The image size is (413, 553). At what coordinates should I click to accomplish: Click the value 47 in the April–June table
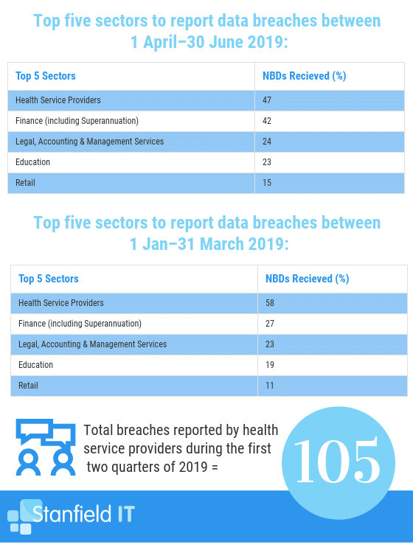[x=267, y=100]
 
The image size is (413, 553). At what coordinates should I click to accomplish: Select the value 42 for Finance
[x=267, y=121]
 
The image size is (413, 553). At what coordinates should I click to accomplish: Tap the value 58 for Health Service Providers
[x=270, y=303]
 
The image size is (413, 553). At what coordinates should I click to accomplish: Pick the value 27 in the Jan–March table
[x=270, y=324]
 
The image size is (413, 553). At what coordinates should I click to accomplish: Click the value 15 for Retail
[x=267, y=183]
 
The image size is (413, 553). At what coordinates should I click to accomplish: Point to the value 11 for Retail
[x=270, y=386]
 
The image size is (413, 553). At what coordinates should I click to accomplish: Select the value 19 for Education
[x=270, y=365]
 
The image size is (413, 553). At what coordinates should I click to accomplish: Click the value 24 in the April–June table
[x=267, y=142]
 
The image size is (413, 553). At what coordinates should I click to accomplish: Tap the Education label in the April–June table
[x=32, y=162]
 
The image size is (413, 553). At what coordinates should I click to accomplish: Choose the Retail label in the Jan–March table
[x=28, y=386]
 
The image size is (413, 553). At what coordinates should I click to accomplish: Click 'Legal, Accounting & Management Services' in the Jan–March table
[x=92, y=344]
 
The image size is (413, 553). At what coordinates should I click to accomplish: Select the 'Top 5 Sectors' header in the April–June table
[x=46, y=76]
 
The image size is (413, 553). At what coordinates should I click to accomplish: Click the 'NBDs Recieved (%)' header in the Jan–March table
[x=308, y=279]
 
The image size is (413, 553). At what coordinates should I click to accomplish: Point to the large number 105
[x=337, y=461]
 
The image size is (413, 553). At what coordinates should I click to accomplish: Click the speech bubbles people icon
[x=46, y=448]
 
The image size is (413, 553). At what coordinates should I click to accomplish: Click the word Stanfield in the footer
[x=72, y=513]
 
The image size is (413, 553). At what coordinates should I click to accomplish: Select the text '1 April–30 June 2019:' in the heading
[x=209, y=42]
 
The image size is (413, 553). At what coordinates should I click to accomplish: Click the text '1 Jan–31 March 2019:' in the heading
[x=209, y=244]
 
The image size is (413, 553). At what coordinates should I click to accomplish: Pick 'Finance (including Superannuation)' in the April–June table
[x=77, y=121]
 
